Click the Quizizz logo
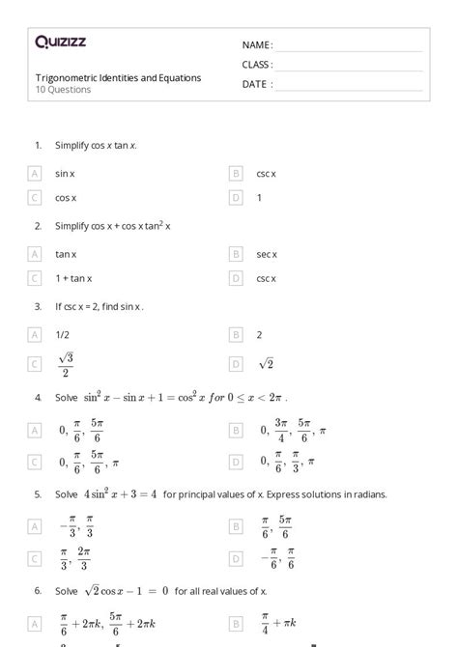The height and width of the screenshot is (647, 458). pyautogui.click(x=60, y=42)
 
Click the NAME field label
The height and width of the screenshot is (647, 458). pyautogui.click(x=257, y=45)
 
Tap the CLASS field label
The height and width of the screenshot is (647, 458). pyautogui.click(x=257, y=65)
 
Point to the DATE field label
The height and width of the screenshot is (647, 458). pyautogui.click(x=257, y=84)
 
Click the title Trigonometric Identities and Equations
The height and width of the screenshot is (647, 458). pyautogui.click(x=118, y=78)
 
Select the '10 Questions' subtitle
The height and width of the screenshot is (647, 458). pyautogui.click(x=63, y=90)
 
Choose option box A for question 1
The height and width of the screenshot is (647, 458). pyautogui.click(x=35, y=174)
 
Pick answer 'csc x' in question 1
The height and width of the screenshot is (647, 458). pyautogui.click(x=266, y=174)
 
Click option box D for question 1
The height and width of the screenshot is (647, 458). pyautogui.click(x=236, y=198)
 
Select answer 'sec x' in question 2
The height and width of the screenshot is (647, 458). pyautogui.click(x=267, y=254)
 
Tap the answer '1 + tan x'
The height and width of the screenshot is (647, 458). pyautogui.click(x=73, y=278)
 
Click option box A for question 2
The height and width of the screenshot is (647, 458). pyautogui.click(x=35, y=254)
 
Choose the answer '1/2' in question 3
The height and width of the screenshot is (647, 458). pyautogui.click(x=62, y=335)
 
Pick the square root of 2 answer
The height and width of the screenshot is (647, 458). pyautogui.click(x=267, y=364)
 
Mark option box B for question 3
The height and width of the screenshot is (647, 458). pyautogui.click(x=236, y=335)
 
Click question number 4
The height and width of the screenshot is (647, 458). pyautogui.click(x=38, y=397)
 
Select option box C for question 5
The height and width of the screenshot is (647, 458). pyautogui.click(x=35, y=558)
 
